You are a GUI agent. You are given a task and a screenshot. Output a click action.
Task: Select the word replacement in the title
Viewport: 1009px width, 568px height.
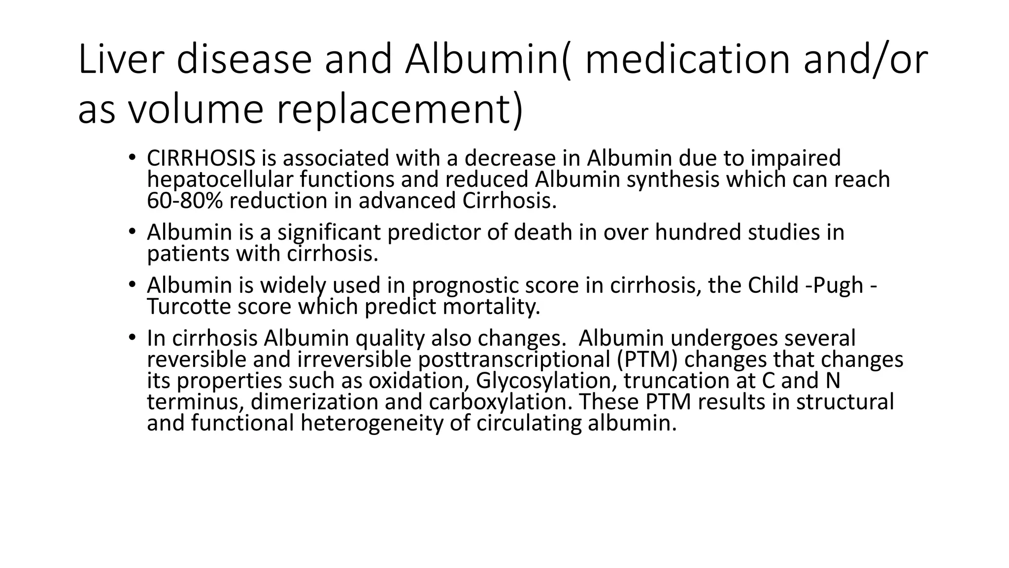(394, 109)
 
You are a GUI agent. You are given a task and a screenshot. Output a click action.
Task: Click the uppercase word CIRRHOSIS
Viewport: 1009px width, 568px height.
(201, 158)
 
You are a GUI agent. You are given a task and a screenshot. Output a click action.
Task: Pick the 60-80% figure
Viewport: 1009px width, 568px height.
(184, 201)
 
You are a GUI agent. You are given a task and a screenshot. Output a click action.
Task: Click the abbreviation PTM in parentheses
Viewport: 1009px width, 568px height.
(647, 360)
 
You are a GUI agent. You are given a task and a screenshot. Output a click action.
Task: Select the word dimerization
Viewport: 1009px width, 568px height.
(314, 402)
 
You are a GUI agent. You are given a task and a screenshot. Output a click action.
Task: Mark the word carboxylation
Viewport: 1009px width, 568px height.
(501, 402)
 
